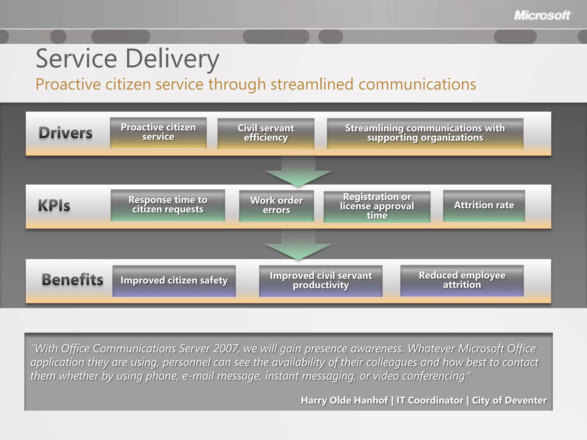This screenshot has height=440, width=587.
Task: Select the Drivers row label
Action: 66,133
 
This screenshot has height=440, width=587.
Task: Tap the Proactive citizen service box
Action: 158,133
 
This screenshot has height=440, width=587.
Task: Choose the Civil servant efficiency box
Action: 266,133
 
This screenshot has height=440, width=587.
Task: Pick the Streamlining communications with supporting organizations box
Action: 425,133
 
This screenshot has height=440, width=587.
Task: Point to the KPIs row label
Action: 54,206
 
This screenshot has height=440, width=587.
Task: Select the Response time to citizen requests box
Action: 168,205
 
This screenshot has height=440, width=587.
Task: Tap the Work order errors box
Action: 276,206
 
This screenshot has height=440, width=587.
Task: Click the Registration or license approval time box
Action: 377,207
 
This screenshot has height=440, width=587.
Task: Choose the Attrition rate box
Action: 484,205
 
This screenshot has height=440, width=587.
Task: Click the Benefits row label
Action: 73,280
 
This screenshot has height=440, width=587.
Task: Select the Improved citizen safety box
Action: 174,281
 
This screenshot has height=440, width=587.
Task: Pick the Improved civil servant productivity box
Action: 321,281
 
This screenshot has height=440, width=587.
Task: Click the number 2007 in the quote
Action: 226,349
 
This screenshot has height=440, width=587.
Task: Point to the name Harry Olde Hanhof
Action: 344,400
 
